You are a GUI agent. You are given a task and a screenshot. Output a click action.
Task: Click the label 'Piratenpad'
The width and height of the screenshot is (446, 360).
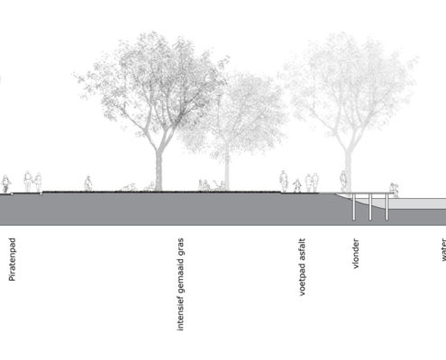click(x=13, y=259)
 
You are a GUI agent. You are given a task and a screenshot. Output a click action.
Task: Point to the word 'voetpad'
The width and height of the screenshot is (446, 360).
click(x=302, y=282)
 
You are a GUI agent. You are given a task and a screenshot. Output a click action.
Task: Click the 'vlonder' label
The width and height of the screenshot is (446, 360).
click(x=355, y=254)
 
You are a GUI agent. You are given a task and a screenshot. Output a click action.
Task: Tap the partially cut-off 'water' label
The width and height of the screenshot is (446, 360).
click(x=443, y=249)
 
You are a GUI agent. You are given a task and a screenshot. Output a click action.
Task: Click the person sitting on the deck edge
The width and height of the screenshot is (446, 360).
click(x=394, y=190)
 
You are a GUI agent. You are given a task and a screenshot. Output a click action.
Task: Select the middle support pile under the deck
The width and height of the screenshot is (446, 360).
click(x=370, y=207)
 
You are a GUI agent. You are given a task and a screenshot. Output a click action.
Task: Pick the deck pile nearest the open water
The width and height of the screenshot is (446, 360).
click(x=387, y=207)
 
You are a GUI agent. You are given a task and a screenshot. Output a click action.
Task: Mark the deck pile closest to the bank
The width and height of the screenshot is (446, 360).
click(x=354, y=207)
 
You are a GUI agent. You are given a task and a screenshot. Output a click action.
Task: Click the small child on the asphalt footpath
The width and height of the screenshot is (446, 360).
click(x=297, y=185)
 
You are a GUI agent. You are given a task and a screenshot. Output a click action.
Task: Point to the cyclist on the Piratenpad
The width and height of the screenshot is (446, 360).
click(x=5, y=184)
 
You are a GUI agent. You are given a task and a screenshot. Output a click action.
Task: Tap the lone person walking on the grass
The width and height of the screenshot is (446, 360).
click(x=88, y=184)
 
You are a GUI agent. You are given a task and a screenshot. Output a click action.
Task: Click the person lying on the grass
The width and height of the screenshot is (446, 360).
click(x=129, y=187)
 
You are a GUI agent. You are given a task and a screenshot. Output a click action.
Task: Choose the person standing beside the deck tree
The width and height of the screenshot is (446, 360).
click(x=343, y=181)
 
